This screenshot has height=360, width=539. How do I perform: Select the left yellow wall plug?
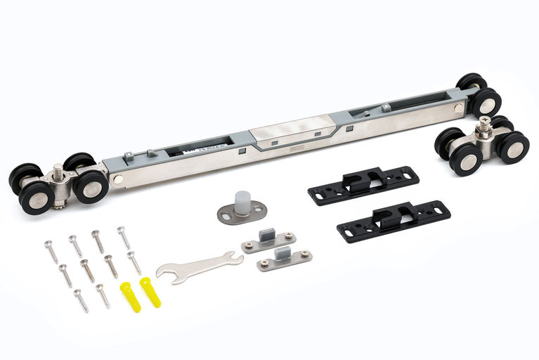(131, 297)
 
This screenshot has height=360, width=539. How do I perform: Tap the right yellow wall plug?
(150, 291)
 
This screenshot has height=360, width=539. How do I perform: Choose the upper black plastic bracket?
(363, 185)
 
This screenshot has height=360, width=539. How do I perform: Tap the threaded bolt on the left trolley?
(56, 171)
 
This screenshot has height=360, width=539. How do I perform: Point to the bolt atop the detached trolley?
(483, 127)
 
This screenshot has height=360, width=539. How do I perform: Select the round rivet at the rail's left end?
(117, 180)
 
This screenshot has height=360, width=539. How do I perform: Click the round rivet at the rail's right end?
(458, 108)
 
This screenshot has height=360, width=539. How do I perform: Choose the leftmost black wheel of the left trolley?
(22, 177)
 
